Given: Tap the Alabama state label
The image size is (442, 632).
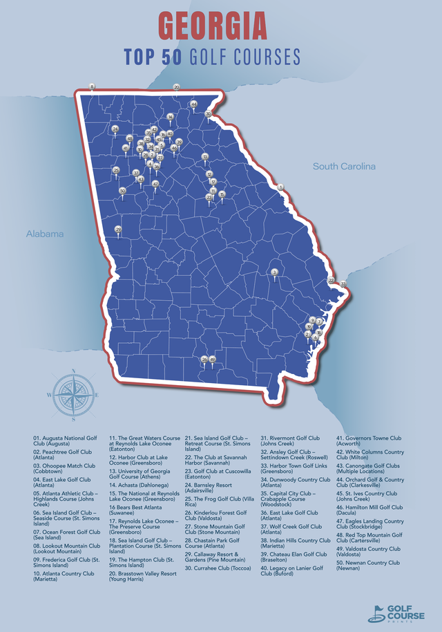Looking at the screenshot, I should point(45,234).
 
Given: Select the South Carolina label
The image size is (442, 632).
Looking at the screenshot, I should point(344,167).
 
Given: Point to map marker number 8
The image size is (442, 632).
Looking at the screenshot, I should point(92,86).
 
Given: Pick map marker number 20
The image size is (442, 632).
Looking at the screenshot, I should point(176,87).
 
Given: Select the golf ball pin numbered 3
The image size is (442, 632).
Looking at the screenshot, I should point(274,272).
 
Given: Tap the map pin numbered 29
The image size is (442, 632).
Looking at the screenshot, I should point(118,229).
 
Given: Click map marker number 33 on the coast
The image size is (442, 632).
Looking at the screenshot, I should point(343,284).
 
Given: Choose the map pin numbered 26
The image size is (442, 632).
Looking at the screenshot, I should point(204,360).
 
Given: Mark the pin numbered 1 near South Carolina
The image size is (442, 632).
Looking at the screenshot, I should point(280,187).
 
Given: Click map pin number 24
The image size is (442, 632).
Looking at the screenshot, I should point(115,129).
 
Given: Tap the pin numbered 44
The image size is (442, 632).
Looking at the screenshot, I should point(194,104).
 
